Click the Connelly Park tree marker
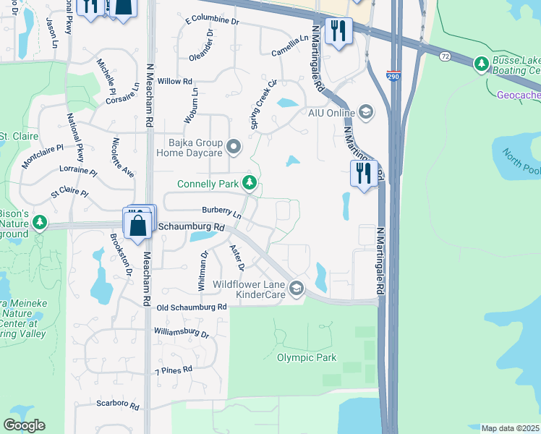point(250,183)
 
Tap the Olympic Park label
point(307,357)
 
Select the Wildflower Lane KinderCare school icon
point(296,289)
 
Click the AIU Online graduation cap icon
point(366,112)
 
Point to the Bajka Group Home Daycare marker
point(233,148)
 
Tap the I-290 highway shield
point(392,76)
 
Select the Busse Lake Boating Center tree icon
point(481,65)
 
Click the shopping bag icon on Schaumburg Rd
point(137,225)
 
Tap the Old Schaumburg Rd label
point(192,307)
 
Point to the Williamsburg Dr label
point(181,334)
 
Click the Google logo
point(24,426)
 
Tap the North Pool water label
point(521,162)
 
